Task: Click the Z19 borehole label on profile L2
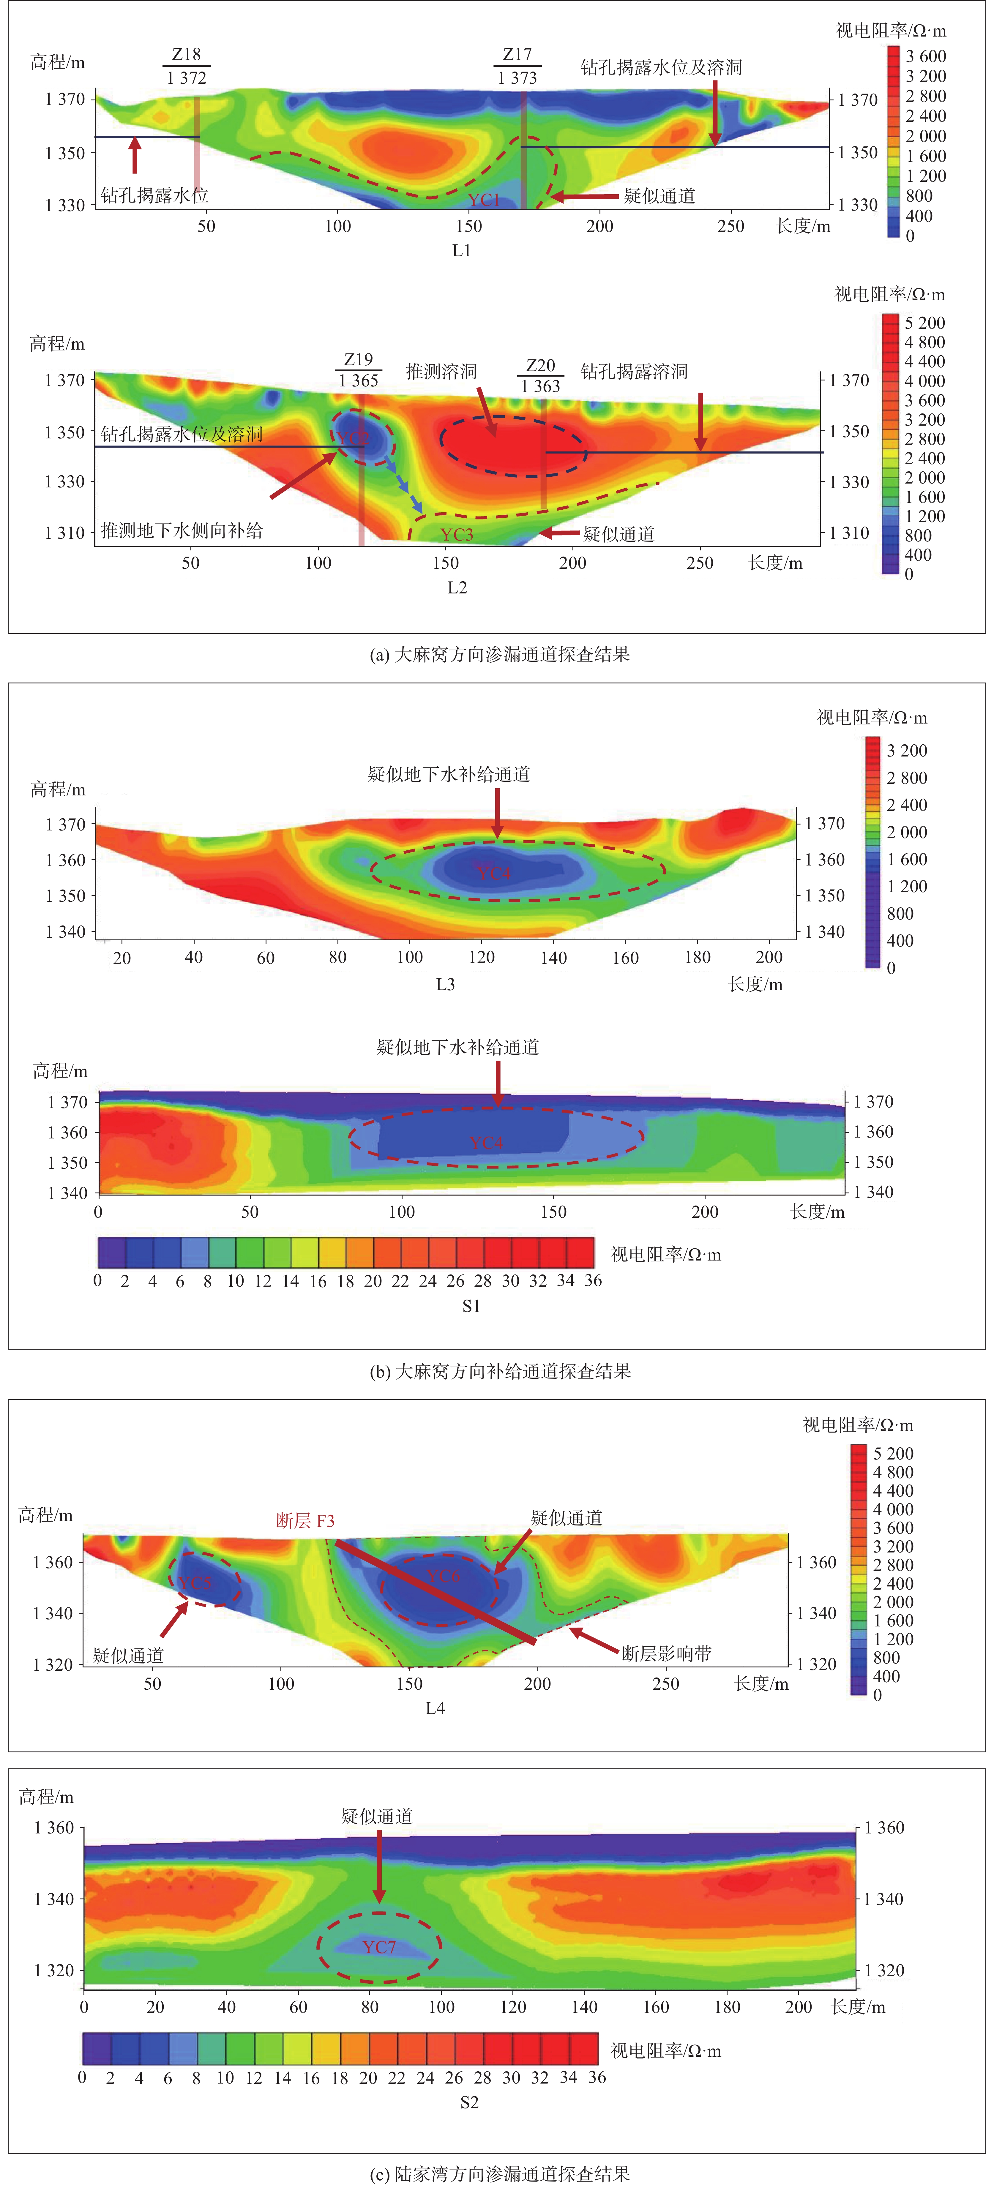(x=358, y=360)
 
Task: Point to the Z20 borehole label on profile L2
(x=541, y=366)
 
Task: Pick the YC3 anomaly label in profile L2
(x=457, y=535)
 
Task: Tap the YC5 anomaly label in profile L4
(x=194, y=1583)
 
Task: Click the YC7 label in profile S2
(x=378, y=1947)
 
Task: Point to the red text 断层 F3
(x=306, y=1521)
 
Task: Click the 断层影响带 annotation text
(x=666, y=1653)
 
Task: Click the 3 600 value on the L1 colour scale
(x=925, y=56)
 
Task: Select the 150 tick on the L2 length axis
(x=446, y=563)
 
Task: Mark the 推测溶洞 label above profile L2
(x=441, y=372)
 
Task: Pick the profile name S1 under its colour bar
(x=471, y=1306)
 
